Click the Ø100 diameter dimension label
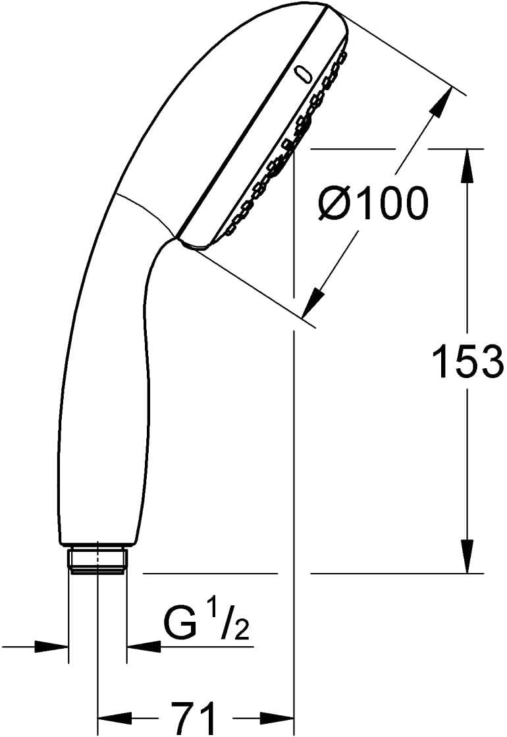coord(373,203)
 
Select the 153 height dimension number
coord(467,360)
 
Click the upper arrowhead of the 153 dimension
coord(467,165)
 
